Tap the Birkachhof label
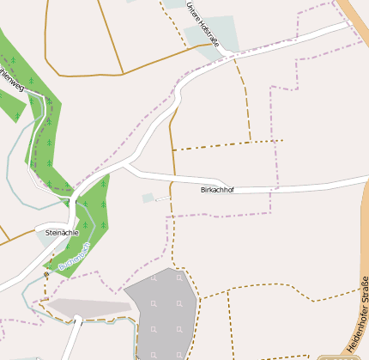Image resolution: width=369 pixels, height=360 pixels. tap(217, 188)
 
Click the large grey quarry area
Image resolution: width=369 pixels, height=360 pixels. tap(163, 309)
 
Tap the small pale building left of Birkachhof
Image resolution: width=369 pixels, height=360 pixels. tap(149, 198)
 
